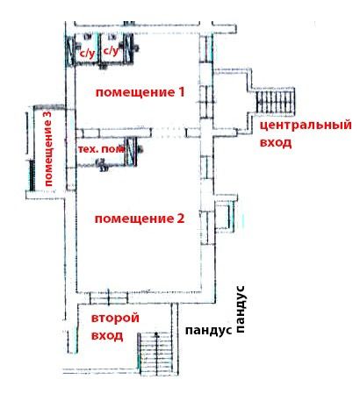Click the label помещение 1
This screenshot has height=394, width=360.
click(140, 92)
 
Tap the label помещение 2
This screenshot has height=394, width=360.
click(140, 218)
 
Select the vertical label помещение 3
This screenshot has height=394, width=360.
click(47, 148)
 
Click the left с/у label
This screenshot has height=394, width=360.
click(88, 54)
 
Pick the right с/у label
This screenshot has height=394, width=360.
click(112, 51)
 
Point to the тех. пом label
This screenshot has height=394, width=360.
click(101, 149)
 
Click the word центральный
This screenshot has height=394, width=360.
click(306, 125)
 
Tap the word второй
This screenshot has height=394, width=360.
click(115, 318)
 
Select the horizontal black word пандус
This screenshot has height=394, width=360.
click(209, 331)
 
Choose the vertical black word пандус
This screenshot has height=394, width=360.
click(240, 310)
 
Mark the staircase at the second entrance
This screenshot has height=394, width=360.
click(156, 354)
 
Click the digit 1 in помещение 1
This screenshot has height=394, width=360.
click(181, 92)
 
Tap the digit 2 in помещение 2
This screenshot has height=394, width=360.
click(180, 218)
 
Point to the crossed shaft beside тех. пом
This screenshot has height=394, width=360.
click(131, 152)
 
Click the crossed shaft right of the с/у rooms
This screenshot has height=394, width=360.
click(128, 48)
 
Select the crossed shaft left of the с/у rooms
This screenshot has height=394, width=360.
click(69, 52)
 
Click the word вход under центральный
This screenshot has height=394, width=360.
click(276, 143)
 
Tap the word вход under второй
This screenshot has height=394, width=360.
click(107, 335)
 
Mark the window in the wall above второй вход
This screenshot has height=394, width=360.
click(109, 297)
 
